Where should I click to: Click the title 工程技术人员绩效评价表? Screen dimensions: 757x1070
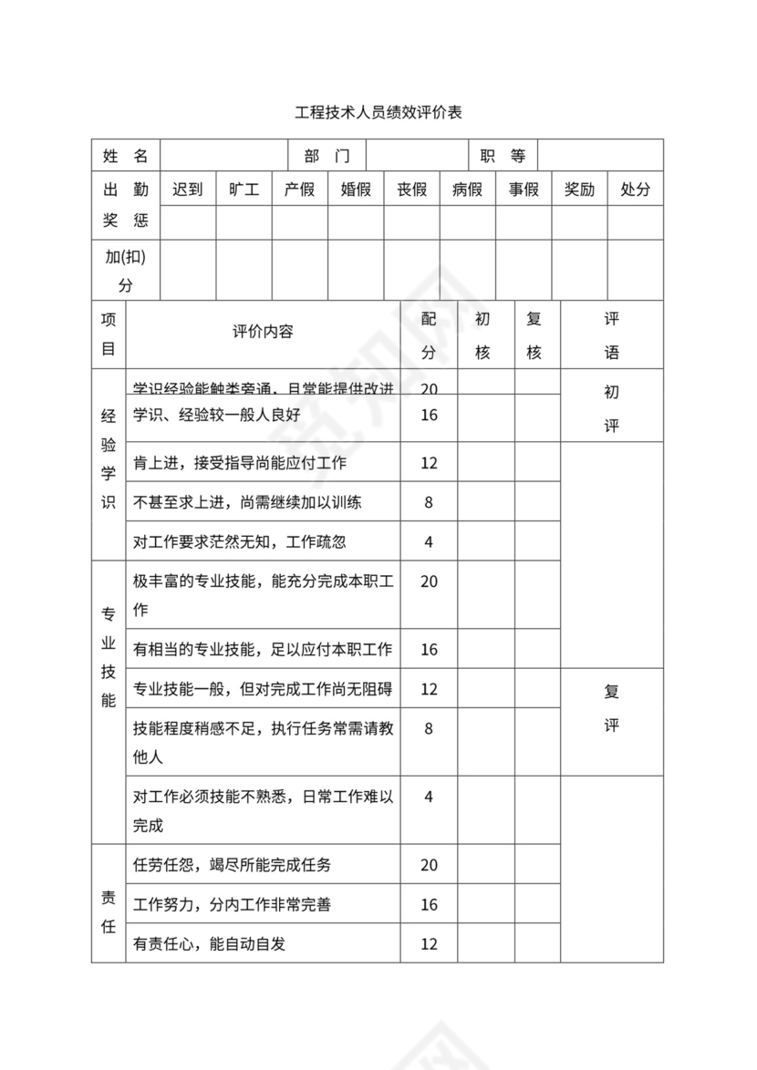coord(378,114)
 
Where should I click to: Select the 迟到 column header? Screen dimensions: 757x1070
coord(188,190)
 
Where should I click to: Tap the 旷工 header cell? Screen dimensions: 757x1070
coord(244,190)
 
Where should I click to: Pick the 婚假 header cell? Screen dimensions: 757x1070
coord(356,190)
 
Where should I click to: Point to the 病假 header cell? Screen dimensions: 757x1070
coord(467,190)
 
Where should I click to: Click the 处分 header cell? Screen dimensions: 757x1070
coord(635,190)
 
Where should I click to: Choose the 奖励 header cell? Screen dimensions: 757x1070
coord(579,190)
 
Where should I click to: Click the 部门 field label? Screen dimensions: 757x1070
coord(327,156)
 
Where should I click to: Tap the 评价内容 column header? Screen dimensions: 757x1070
coord(263,333)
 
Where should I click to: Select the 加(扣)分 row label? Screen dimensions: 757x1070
coord(125,271)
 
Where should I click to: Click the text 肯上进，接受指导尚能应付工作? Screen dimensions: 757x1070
coord(240,463)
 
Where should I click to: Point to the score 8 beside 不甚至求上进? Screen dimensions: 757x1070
coord(429,502)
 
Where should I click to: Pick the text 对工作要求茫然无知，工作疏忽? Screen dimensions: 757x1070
coord(240,542)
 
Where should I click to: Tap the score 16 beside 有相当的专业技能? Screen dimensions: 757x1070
coord(429,650)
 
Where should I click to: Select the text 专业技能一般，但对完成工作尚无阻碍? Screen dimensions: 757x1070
coord(263,689)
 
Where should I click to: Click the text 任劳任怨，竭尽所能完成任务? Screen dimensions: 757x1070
coord(238,865)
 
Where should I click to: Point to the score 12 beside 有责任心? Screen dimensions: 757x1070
coord(429,944)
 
